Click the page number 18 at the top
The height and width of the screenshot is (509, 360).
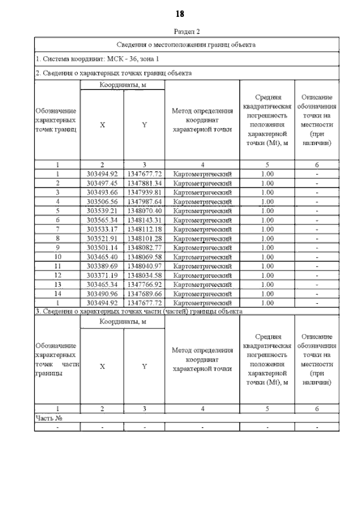click(x=180, y=13)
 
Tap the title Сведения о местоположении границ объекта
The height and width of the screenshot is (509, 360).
click(x=186, y=44)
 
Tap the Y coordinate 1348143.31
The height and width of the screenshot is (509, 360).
click(x=144, y=219)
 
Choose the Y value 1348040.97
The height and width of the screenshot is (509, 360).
click(x=144, y=265)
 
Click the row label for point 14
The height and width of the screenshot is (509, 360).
click(x=57, y=293)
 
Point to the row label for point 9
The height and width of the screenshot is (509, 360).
click(x=57, y=247)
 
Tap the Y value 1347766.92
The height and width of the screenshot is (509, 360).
click(x=144, y=283)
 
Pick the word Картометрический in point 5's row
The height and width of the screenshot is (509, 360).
click(x=202, y=210)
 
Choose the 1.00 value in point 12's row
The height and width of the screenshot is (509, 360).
click(x=267, y=274)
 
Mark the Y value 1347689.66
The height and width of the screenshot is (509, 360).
click(x=144, y=293)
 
